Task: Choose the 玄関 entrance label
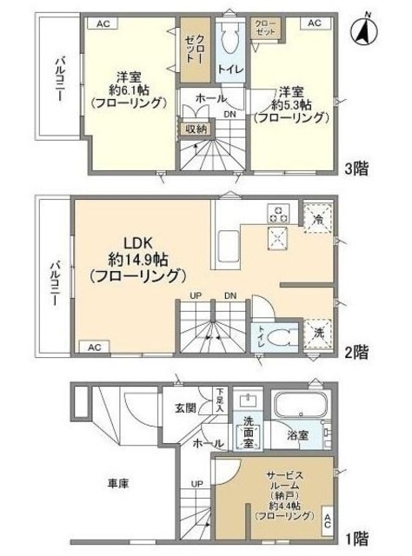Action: tap(185, 407)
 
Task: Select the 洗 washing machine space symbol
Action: tap(317, 333)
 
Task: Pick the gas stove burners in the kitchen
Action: tap(280, 212)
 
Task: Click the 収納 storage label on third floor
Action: tap(195, 129)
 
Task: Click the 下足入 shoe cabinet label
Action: tap(221, 399)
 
